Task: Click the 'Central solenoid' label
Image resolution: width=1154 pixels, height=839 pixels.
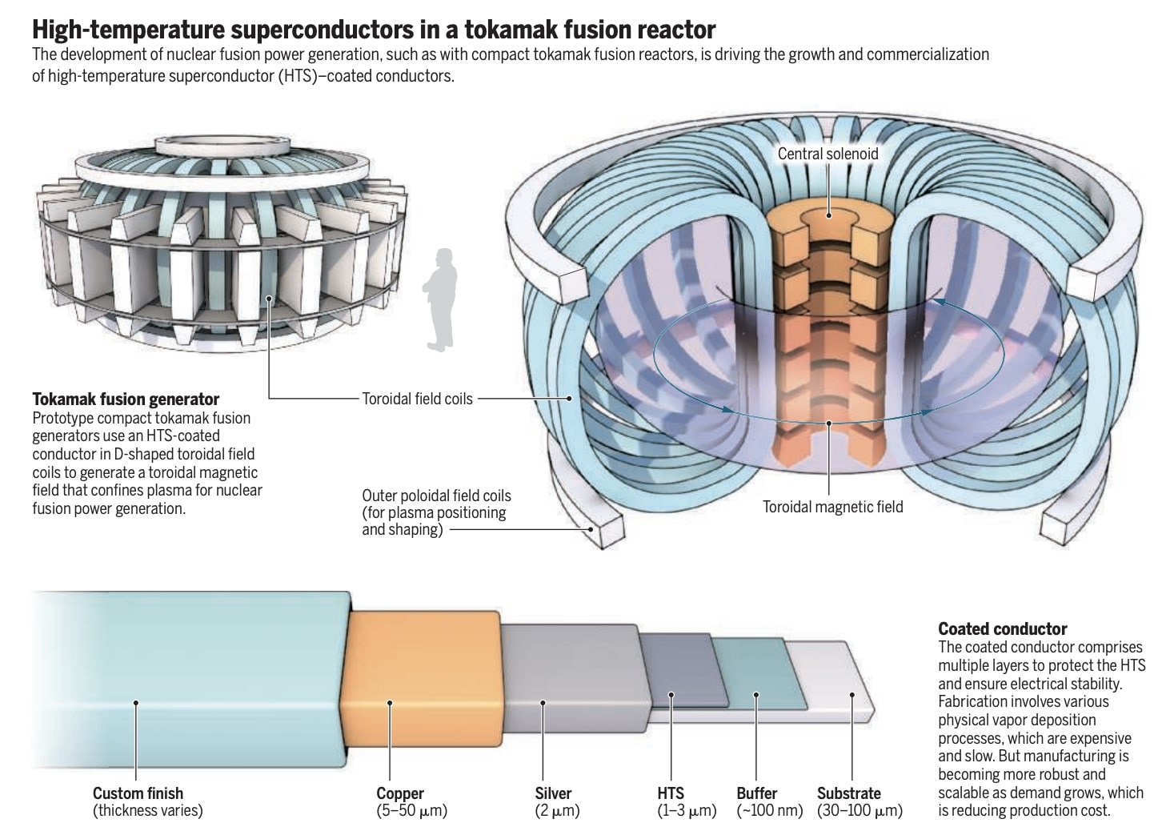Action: [827, 154]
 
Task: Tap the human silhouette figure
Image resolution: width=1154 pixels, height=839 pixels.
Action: [441, 300]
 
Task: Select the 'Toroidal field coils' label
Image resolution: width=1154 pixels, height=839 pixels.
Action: [417, 398]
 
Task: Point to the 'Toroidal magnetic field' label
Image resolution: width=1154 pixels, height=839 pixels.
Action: [832, 507]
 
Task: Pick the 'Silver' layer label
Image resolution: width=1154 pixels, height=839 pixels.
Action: [553, 793]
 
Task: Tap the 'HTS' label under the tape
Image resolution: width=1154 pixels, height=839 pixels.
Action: [671, 793]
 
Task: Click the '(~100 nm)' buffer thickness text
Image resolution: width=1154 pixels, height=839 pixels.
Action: [769, 811]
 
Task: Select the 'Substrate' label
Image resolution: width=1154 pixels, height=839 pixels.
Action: [848, 793]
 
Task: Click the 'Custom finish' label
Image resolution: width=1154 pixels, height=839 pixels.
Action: [138, 793]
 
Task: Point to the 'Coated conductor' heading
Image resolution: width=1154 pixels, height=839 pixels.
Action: [1002, 628]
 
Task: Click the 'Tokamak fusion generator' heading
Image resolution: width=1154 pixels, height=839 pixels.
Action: [126, 399]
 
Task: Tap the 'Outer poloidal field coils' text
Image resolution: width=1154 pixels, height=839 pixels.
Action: [436, 496]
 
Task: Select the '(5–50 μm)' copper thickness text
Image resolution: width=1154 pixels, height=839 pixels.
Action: [411, 811]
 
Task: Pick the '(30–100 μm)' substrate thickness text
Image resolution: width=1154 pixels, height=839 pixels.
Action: [859, 811]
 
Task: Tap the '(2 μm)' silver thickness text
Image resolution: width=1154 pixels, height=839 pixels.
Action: [557, 811]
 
